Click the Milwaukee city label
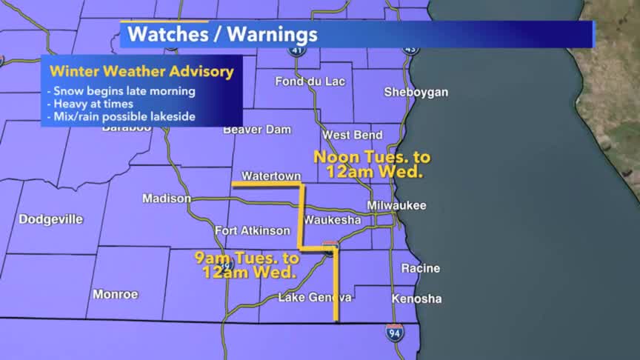(396, 205)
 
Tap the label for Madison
(161, 199)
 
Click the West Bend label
(353, 136)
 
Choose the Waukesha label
(332, 221)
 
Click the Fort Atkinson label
(253, 231)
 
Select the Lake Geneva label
(315, 298)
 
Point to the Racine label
(420, 268)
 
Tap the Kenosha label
(417, 299)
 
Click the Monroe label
(116, 294)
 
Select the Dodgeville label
(51, 219)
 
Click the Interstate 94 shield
(395, 332)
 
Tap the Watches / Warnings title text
(222, 34)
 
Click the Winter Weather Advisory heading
(141, 72)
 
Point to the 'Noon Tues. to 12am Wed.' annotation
(372, 164)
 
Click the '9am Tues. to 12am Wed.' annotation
(247, 265)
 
